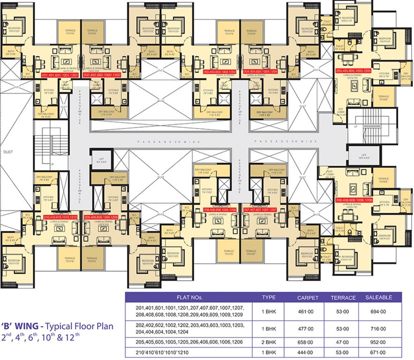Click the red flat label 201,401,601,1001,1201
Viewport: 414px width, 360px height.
click(x=61, y=75)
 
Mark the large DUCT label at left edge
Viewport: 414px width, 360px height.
click(x=8, y=152)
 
